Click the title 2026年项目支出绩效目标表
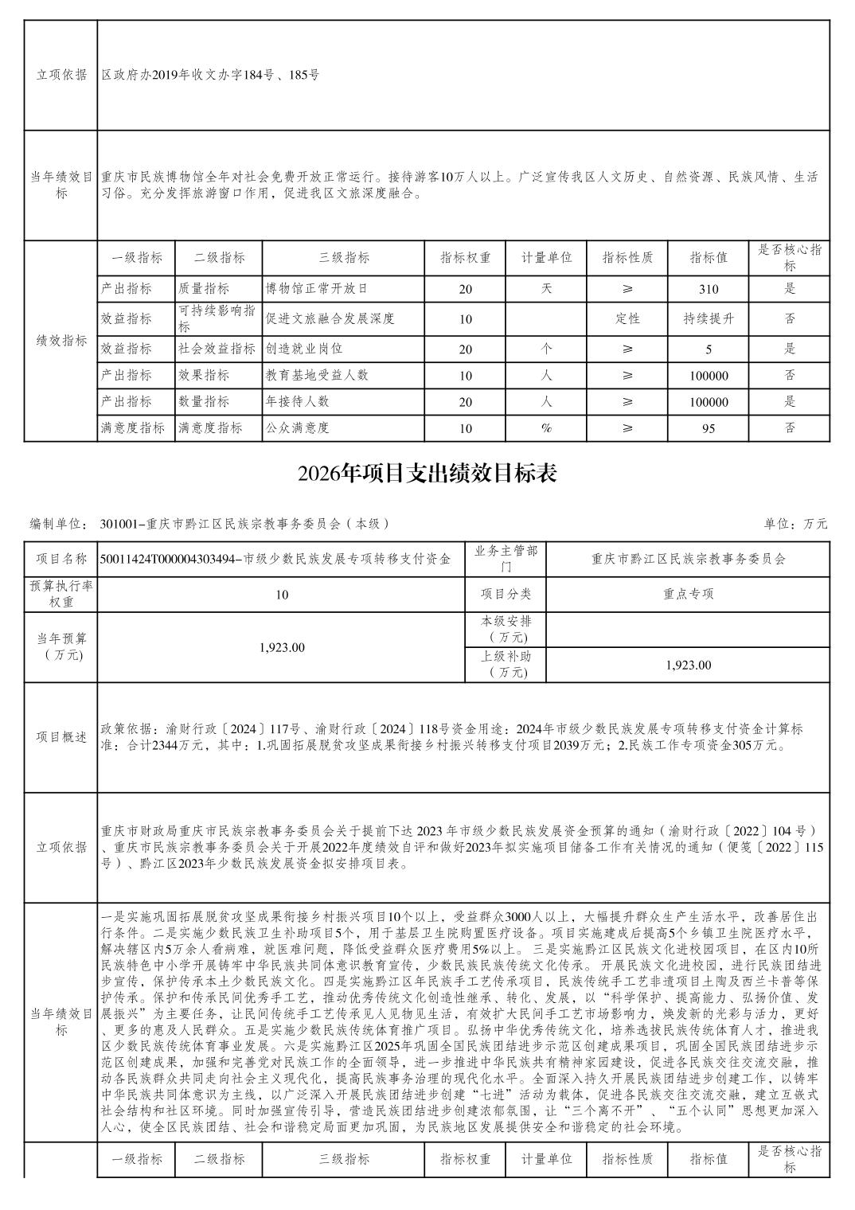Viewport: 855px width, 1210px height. click(x=427, y=474)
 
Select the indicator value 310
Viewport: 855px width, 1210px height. click(x=709, y=289)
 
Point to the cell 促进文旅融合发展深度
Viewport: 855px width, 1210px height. click(x=330, y=319)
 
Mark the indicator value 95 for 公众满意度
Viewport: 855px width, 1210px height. click(x=709, y=428)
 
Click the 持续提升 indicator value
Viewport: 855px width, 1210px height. click(x=709, y=319)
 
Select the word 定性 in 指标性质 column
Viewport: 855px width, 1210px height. click(x=627, y=319)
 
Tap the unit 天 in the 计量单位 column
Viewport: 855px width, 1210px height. click(x=546, y=289)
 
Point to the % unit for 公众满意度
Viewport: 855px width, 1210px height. click(x=546, y=428)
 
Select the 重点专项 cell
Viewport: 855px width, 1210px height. click(x=688, y=594)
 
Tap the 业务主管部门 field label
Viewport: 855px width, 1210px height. click(x=506, y=559)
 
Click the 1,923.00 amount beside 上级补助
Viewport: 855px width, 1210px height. click(x=688, y=665)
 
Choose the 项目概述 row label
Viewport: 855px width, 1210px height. click(x=61, y=737)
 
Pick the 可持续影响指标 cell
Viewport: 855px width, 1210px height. click(x=217, y=318)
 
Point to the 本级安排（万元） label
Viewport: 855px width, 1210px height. click(x=506, y=629)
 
